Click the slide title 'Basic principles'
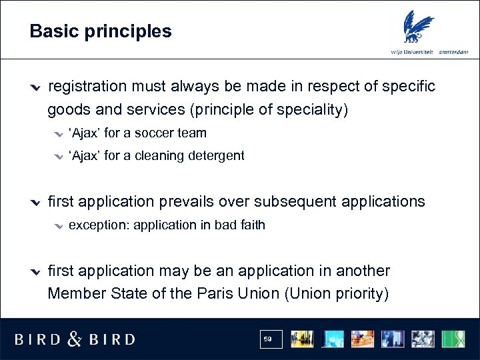pyautogui.click(x=101, y=31)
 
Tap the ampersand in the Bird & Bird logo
pyautogui.click(x=75, y=339)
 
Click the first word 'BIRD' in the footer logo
pyautogui.click(x=37, y=339)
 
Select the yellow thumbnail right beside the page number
pyautogui.click(x=302, y=339)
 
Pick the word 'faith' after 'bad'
pyautogui.click(x=252, y=225)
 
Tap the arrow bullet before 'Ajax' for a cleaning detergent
pyautogui.click(x=59, y=157)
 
